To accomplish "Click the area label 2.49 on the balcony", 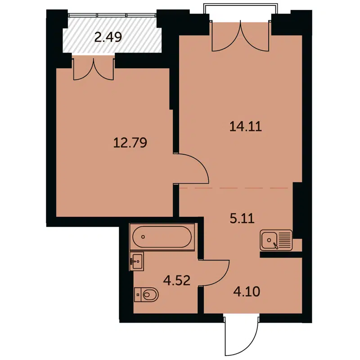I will click(108, 36).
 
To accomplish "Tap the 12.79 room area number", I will click(130, 143).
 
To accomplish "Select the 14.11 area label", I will click(245, 127).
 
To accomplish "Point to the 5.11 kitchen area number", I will click(242, 219).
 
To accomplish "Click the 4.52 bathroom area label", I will click(177, 281).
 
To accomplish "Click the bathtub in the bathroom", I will click(162, 237).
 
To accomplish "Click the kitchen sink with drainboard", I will click(275, 240).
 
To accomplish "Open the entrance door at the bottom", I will click(241, 335).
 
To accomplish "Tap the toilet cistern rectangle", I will click(137, 295).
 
